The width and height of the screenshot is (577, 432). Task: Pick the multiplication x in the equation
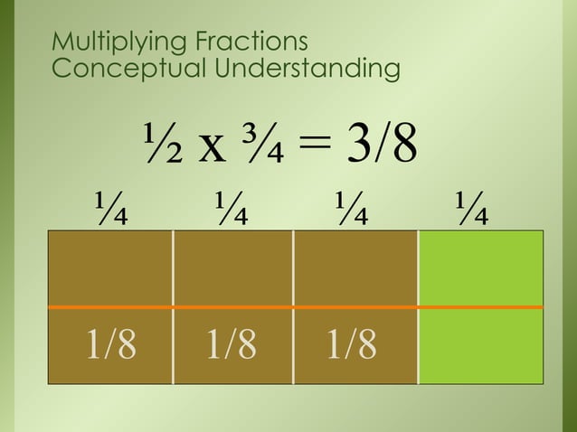pos(213,149)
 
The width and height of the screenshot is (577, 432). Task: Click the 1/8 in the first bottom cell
pos(110,344)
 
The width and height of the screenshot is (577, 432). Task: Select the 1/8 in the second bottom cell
pos(232,344)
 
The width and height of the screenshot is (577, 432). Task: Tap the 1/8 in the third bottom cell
pos(353,344)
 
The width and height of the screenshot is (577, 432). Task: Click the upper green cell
pos(480,268)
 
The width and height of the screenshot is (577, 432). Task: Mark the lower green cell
pos(480,346)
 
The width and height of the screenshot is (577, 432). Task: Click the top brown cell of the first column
pos(109,268)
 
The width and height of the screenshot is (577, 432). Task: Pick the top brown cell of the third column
pos(355,268)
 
